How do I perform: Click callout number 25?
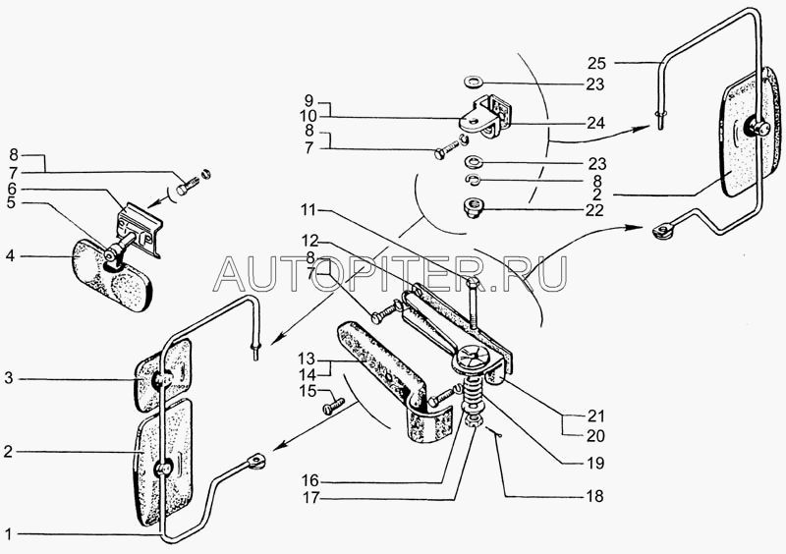pyautogui.click(x=596, y=63)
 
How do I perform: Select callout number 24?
pyautogui.click(x=596, y=123)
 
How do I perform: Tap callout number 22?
pyautogui.click(x=594, y=210)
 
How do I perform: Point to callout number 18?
pyautogui.click(x=594, y=496)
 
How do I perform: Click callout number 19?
pyautogui.click(x=595, y=463)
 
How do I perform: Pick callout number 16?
pyautogui.click(x=310, y=480)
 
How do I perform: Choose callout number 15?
pyautogui.click(x=308, y=391)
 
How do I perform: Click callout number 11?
pyautogui.click(x=309, y=210)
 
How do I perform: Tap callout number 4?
pyautogui.click(x=10, y=256)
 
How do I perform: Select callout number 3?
pyautogui.click(x=9, y=378)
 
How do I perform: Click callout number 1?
pyautogui.click(x=8, y=533)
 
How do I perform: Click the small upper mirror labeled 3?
pyautogui.click(x=163, y=375)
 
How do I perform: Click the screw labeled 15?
pyautogui.click(x=335, y=405)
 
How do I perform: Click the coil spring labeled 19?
pyautogui.click(x=472, y=398)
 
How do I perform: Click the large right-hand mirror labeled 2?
pyautogui.click(x=750, y=133)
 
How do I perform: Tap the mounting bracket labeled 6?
pyautogui.click(x=139, y=230)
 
